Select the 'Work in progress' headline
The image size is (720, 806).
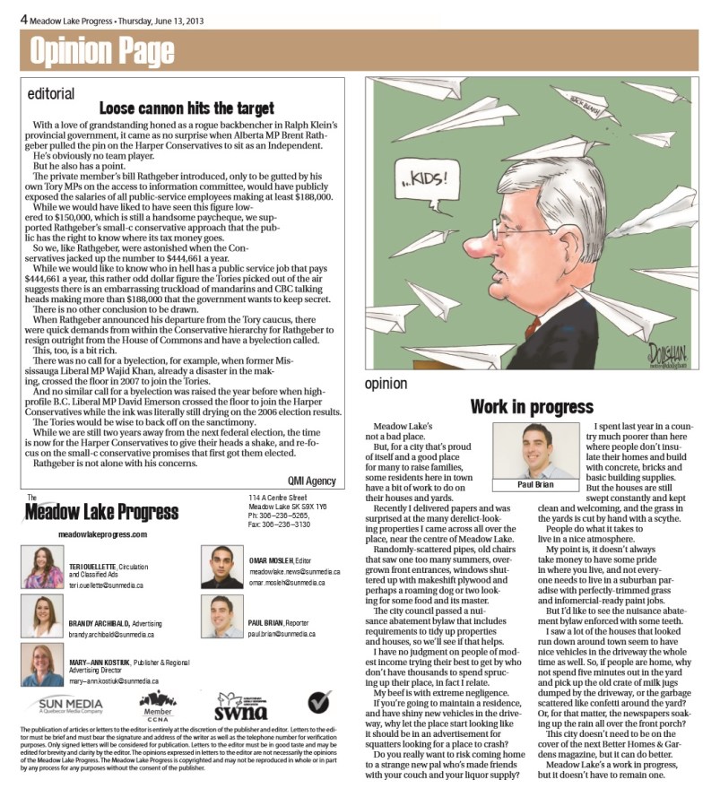click(x=532, y=406)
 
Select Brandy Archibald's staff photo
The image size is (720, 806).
click(x=42, y=616)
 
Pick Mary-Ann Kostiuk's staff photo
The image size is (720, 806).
click(x=42, y=664)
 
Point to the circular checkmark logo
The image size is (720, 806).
click(x=318, y=701)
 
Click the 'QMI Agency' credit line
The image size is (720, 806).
click(x=311, y=480)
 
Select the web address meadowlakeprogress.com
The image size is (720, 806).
click(x=101, y=533)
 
